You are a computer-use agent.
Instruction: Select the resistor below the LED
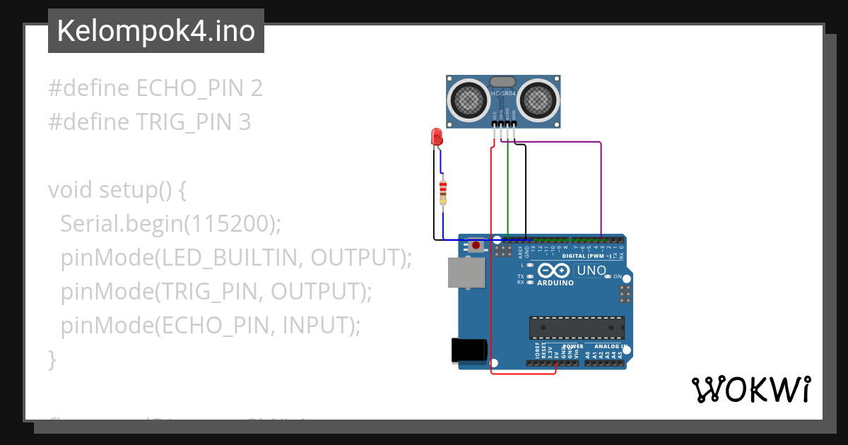coord(443,192)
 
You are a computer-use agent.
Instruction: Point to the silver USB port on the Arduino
coord(466,273)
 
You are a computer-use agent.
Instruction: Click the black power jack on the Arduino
coord(469,350)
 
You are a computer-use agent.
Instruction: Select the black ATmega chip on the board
coord(577,327)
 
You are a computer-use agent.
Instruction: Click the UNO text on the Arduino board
coord(591,271)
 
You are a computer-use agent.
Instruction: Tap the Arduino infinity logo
coord(553,271)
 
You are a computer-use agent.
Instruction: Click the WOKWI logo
coord(750,389)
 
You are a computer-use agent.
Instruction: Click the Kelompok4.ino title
coord(155,31)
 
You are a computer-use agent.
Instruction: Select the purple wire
coord(601,184)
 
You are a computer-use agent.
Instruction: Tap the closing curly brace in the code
coord(52,360)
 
